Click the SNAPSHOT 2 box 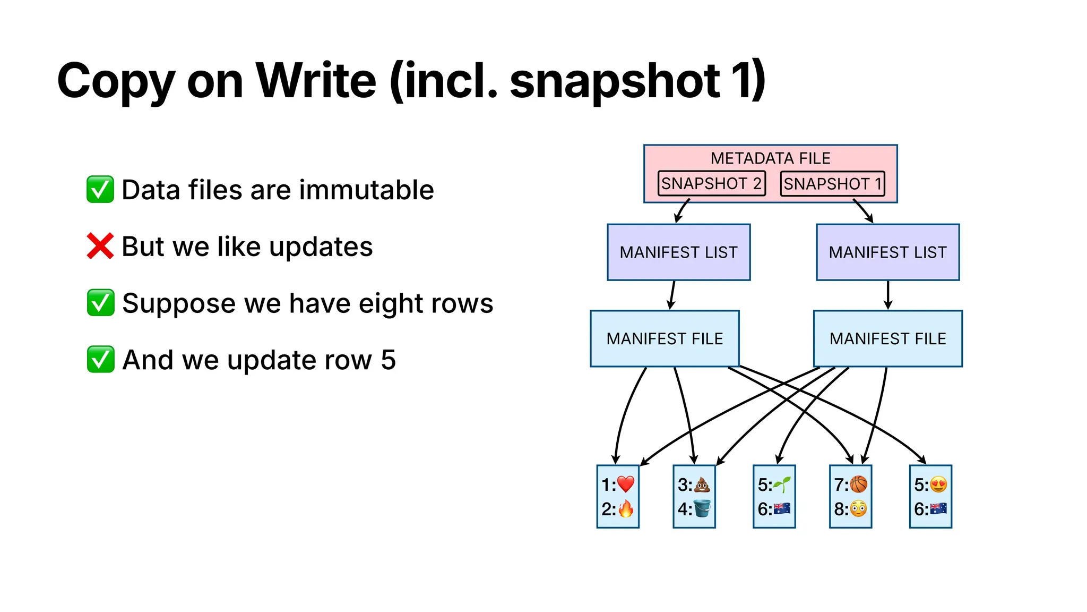pyautogui.click(x=711, y=184)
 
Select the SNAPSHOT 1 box pyautogui.click(x=832, y=184)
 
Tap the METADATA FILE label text pyautogui.click(x=770, y=158)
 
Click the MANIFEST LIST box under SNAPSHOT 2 pyautogui.click(x=678, y=252)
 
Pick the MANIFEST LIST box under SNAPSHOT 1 pyautogui.click(x=887, y=252)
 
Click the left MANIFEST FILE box pyautogui.click(x=665, y=339)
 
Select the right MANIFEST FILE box pyautogui.click(x=887, y=339)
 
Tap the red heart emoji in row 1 pyautogui.click(x=626, y=484)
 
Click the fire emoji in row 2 pyautogui.click(x=626, y=509)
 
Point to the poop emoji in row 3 pyautogui.click(x=702, y=484)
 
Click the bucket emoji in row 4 pyautogui.click(x=702, y=509)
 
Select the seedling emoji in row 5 pyautogui.click(x=781, y=484)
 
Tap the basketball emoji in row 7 pyautogui.click(x=858, y=484)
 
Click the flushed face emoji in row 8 pyautogui.click(x=858, y=509)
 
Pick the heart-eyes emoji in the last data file pyautogui.click(x=938, y=484)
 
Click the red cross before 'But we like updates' pyautogui.click(x=100, y=246)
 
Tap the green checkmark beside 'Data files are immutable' pyautogui.click(x=100, y=190)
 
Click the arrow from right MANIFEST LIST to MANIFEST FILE pyautogui.click(x=888, y=295)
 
